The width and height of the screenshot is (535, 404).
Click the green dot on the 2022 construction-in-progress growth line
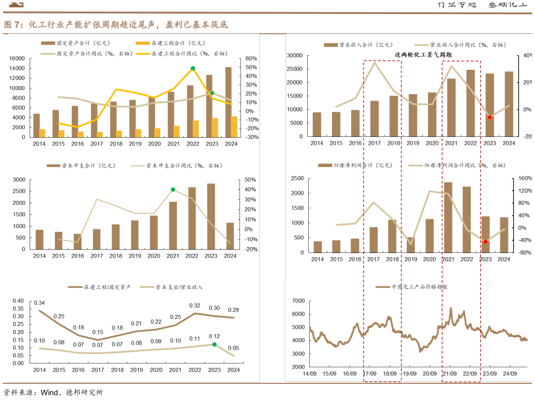[x=193, y=68]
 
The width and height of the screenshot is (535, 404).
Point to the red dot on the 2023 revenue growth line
[x=489, y=117]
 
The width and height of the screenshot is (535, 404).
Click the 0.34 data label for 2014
[x=39, y=303]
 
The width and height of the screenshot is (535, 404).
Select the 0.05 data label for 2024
[x=233, y=348]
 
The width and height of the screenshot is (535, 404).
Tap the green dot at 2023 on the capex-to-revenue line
[x=214, y=345]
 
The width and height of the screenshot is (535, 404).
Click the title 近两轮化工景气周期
[x=423, y=54]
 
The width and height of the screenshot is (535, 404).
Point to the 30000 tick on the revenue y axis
[x=294, y=55]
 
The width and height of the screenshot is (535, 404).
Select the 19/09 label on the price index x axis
[x=409, y=374]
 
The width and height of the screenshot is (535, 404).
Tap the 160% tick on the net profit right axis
[x=524, y=179]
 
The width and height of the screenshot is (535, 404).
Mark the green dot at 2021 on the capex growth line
[x=173, y=190]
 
